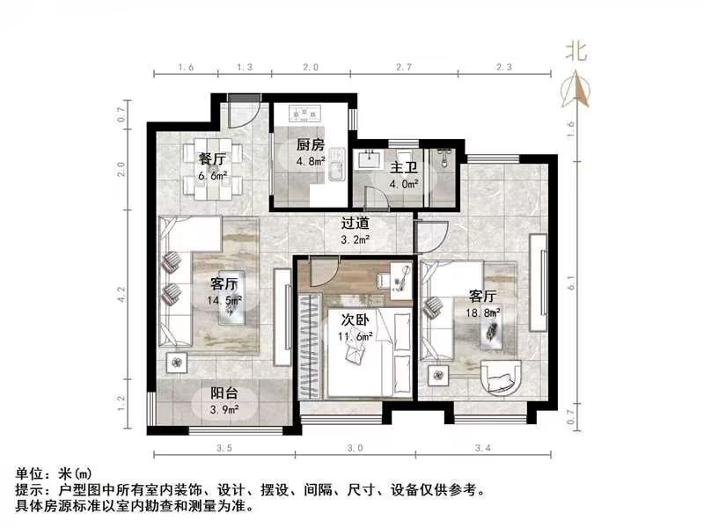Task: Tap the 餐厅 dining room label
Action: pos(212,159)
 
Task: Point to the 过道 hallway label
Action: pos(356,223)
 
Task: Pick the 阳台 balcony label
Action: pos(223,395)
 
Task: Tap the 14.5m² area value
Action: pos(225,300)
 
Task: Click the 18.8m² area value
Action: pos(483,312)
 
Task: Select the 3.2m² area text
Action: pos(356,238)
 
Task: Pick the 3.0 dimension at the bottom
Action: pos(355,448)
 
